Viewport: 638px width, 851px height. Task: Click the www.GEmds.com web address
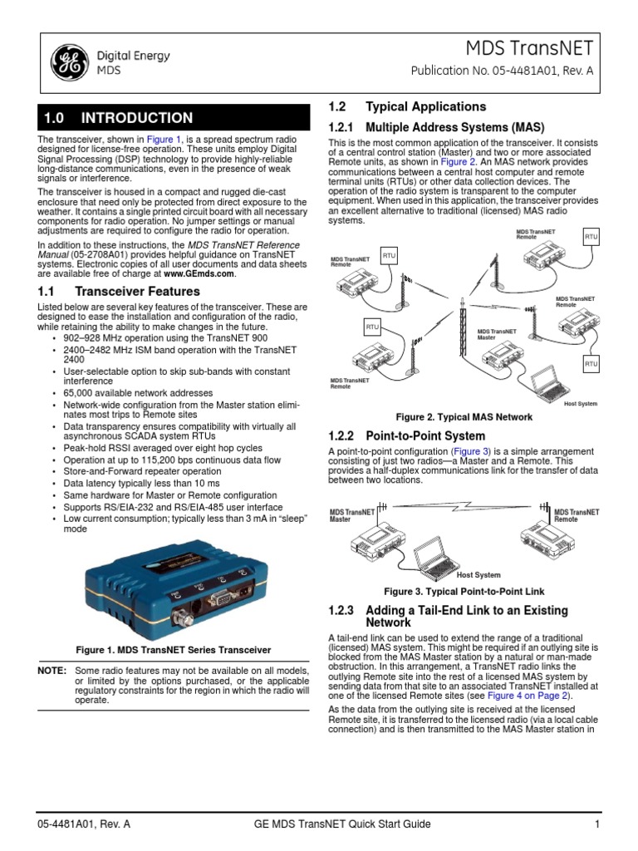pos(199,273)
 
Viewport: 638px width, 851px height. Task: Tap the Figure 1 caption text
pos(173,649)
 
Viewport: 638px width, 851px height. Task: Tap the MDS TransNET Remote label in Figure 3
pos(577,515)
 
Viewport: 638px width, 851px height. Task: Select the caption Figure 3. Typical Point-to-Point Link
pos(464,592)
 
